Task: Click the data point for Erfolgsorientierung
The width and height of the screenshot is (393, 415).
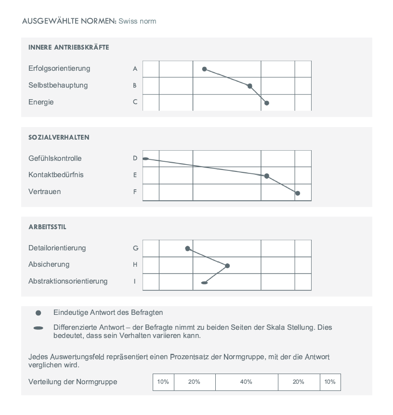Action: click(204, 69)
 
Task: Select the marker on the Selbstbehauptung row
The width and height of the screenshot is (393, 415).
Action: click(249, 86)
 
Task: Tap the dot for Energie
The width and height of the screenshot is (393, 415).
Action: click(267, 103)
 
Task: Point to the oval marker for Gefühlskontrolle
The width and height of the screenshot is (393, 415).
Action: click(145, 158)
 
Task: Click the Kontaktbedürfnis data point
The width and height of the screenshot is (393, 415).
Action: click(267, 176)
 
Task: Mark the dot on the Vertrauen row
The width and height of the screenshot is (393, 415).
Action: click(298, 193)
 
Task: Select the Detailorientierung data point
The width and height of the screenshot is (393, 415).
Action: click(187, 248)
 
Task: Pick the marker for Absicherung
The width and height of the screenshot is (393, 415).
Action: click(227, 266)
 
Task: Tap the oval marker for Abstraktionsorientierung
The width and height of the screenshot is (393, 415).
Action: click(204, 283)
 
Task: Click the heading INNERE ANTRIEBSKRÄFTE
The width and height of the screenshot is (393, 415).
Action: click(68, 48)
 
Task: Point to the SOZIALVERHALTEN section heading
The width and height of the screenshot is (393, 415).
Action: click(59, 138)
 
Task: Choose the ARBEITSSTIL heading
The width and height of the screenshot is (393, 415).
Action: click(47, 227)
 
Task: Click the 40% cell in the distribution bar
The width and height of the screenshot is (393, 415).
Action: click(246, 382)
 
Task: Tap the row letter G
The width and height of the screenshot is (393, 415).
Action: click(135, 248)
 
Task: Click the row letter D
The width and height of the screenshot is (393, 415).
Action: click(135, 158)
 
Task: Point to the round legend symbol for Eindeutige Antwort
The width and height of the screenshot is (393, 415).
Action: click(39, 313)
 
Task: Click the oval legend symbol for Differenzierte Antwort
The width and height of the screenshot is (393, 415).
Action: click(39, 328)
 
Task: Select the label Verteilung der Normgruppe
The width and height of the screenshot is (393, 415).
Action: click(72, 382)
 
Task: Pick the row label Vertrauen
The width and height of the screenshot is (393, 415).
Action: click(44, 192)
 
